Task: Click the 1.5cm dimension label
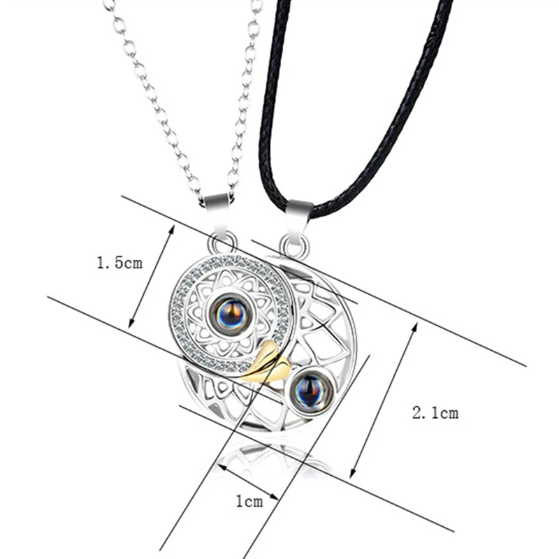(x=119, y=263)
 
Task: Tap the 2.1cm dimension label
(x=435, y=413)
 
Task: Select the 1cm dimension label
(x=248, y=501)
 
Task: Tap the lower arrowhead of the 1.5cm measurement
(x=130, y=326)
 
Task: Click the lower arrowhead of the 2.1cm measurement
(x=351, y=473)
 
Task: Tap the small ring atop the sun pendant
(x=222, y=244)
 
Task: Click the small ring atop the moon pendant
(x=295, y=246)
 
